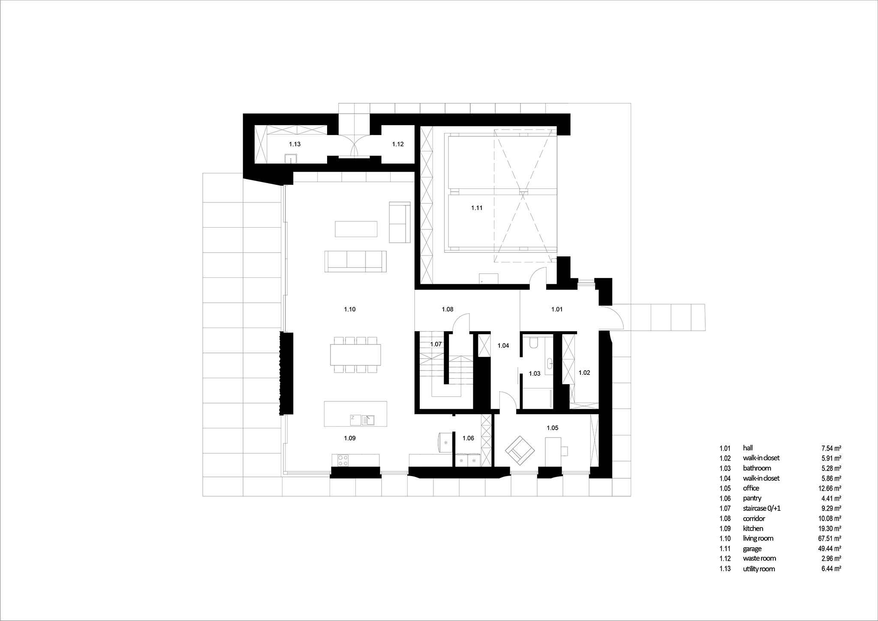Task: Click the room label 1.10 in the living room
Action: click(350, 309)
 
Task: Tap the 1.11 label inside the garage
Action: click(477, 208)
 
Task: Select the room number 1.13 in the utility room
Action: click(295, 144)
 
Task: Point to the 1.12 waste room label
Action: click(398, 144)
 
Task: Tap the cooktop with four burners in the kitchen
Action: click(343, 461)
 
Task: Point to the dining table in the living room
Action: click(356, 355)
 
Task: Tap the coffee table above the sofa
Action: click(356, 229)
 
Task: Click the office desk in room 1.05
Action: click(553, 451)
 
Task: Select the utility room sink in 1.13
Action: click(291, 158)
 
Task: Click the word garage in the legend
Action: click(752, 549)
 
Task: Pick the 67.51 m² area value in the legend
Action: click(828, 538)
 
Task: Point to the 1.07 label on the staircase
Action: click(436, 344)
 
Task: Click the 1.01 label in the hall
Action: click(557, 309)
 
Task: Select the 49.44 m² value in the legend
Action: click(828, 549)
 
